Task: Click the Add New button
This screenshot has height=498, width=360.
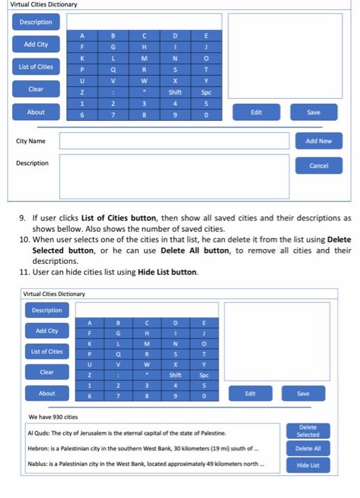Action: (318, 141)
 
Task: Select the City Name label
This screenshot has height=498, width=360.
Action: (31, 141)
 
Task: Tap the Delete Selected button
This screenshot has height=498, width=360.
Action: (308, 431)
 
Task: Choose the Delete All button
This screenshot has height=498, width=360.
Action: (308, 449)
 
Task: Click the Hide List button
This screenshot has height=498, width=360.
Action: (308, 465)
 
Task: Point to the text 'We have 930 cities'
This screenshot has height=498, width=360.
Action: (53, 417)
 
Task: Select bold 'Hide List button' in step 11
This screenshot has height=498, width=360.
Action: (167, 272)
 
